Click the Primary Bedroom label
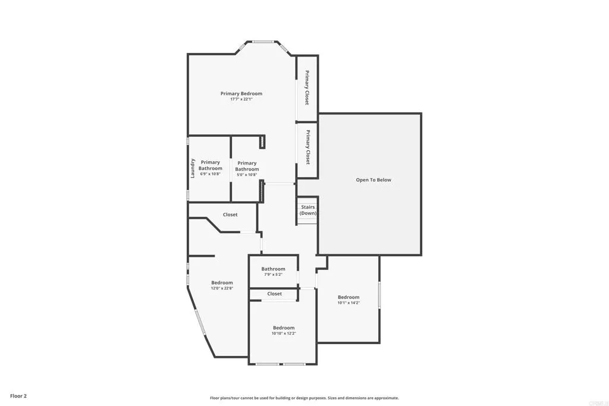[241, 93]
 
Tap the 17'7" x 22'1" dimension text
[241, 99]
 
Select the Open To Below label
[373, 180]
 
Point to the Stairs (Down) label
[307, 210]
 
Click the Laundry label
[193, 168]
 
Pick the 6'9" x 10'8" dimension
[211, 174]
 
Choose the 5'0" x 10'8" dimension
[247, 175]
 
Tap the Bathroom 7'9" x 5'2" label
[273, 269]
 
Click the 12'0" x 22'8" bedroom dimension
[222, 288]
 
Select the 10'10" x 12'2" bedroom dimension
[284, 333]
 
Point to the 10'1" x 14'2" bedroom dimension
[349, 303]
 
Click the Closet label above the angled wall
[230, 215]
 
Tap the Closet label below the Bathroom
[274, 294]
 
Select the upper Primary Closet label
[307, 88]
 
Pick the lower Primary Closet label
[307, 147]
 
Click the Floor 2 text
[18, 395]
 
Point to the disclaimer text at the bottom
[304, 398]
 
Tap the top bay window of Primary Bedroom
[263, 42]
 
